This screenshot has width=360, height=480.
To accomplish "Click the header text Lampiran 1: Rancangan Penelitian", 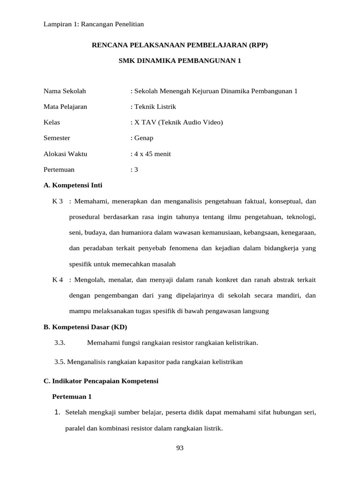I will [x=93, y=24].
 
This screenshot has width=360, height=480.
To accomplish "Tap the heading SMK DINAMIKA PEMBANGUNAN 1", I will [x=180, y=61].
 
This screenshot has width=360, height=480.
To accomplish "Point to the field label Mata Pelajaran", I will [x=65, y=106].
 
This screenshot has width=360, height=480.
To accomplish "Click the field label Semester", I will [x=57, y=138].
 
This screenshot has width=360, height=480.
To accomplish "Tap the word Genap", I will [x=143, y=138].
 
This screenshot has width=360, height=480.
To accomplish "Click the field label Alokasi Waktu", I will [x=65, y=154].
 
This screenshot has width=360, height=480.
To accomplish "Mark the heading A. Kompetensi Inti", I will [x=73, y=185].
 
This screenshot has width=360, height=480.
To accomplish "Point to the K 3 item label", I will [x=58, y=201].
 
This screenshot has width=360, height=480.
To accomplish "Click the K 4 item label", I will [x=58, y=280].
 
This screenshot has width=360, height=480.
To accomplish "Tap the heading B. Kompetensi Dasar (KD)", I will [x=85, y=327].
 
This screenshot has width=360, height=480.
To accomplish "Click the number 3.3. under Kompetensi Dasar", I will [x=60, y=343].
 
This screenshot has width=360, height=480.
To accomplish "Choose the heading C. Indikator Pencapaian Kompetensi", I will [x=101, y=381].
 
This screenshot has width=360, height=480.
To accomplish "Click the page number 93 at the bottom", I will [x=180, y=448].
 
